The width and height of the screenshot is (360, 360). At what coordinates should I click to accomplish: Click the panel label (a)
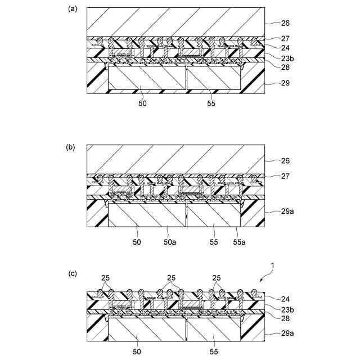point(71,9)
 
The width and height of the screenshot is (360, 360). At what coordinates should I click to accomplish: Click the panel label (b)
point(71,147)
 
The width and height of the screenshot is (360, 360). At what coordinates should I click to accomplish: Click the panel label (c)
point(72,274)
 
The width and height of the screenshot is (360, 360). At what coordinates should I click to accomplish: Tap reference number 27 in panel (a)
point(285,39)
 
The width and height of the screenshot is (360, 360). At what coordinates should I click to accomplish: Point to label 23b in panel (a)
point(287,57)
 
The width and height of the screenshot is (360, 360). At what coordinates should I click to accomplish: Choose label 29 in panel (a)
point(285,83)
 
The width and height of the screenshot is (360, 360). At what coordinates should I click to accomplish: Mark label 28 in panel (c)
point(285,317)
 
